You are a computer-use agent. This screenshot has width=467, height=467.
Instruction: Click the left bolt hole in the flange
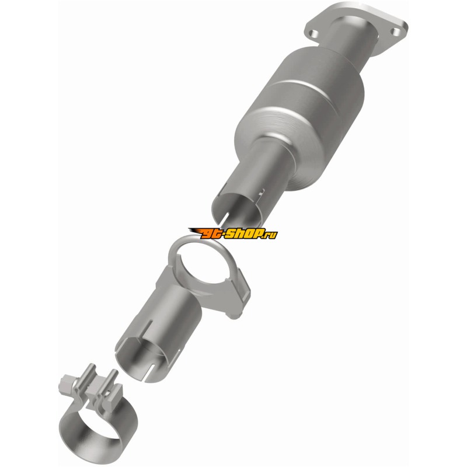(x=312, y=33)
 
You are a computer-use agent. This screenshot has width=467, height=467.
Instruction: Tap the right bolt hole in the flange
(x=396, y=32)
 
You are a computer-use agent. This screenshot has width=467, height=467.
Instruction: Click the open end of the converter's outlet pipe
(x=238, y=208)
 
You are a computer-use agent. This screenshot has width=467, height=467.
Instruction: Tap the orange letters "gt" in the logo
(x=212, y=234)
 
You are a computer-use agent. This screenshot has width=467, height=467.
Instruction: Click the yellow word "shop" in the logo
(x=243, y=234)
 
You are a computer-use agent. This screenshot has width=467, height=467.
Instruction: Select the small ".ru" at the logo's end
(x=270, y=234)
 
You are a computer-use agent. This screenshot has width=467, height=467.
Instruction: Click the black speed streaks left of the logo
(x=194, y=232)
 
